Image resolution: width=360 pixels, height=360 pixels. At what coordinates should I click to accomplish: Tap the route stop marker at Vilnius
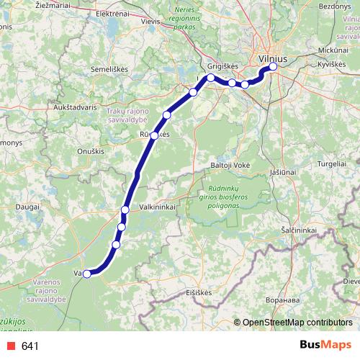point(273,68)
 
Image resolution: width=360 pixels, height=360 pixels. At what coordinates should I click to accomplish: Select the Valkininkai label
point(161,205)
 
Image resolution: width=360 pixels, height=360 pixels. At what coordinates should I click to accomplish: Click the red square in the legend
point(9,346)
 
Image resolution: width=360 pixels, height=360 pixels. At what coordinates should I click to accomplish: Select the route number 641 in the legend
point(30,346)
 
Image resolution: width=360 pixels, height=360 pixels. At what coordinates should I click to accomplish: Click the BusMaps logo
point(325,346)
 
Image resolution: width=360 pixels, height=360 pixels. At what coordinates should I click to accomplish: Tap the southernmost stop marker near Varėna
point(87,274)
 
